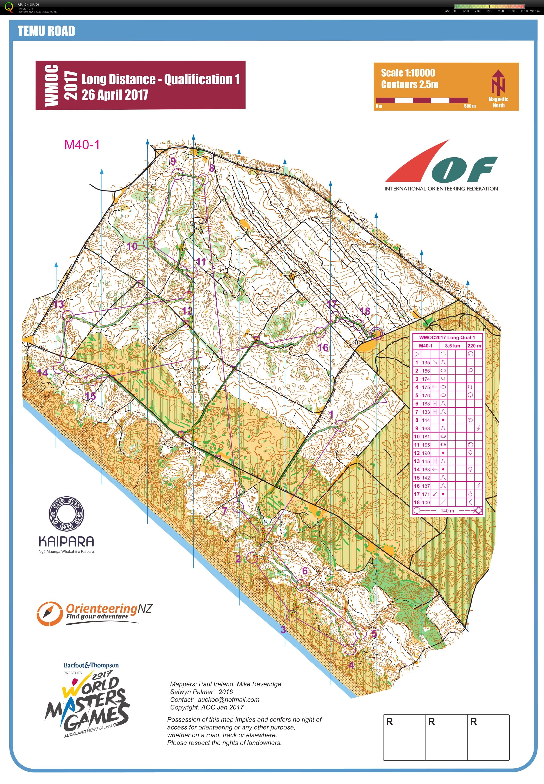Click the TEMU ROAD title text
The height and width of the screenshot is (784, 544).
[x=46, y=31]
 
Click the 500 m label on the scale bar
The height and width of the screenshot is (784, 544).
[x=470, y=106]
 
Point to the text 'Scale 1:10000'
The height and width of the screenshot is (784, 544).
[x=408, y=73]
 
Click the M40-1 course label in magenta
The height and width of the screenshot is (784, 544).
[x=82, y=145]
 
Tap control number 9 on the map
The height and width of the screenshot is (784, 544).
[x=173, y=161]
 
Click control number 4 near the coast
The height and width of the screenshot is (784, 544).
[x=351, y=665]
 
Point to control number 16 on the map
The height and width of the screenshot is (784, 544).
[x=323, y=347]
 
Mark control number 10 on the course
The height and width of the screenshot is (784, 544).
[x=132, y=246]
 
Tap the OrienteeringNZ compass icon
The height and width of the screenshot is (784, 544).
[x=49, y=613]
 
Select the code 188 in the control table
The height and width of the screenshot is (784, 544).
[x=426, y=404]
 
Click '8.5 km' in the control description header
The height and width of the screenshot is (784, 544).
[x=452, y=345]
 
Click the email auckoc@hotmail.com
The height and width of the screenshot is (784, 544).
[x=228, y=699]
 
